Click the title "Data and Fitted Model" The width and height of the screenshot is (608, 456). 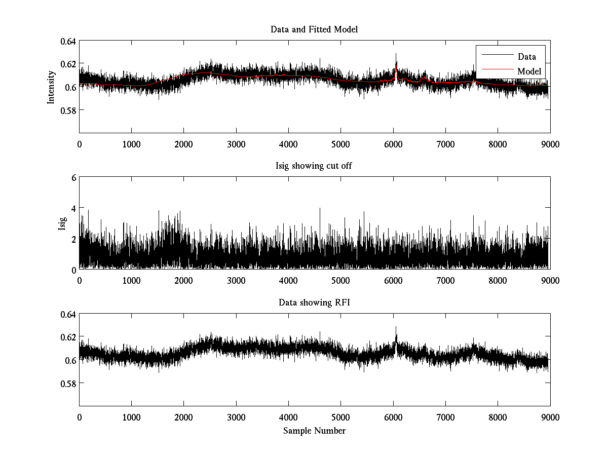pos(314,29)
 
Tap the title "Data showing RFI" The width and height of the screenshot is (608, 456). pos(314,303)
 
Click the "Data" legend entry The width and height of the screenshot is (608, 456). pos(526,57)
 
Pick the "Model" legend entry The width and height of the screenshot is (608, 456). pos(529,71)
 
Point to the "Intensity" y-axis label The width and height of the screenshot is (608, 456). pos(51,87)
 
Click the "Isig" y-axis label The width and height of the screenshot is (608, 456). pos(62,223)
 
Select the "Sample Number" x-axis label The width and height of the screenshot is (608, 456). pos(314,431)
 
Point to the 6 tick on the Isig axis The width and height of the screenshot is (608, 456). pos(73,178)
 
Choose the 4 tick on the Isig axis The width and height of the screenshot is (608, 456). pos(73,208)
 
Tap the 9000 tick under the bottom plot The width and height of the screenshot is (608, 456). pos(550,417)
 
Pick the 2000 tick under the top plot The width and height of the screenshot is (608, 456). pos(183,144)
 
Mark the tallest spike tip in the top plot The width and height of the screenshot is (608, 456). pos(396,54)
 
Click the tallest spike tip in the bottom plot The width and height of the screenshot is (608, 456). pos(396,327)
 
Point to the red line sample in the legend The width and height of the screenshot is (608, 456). pos(496,71)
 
